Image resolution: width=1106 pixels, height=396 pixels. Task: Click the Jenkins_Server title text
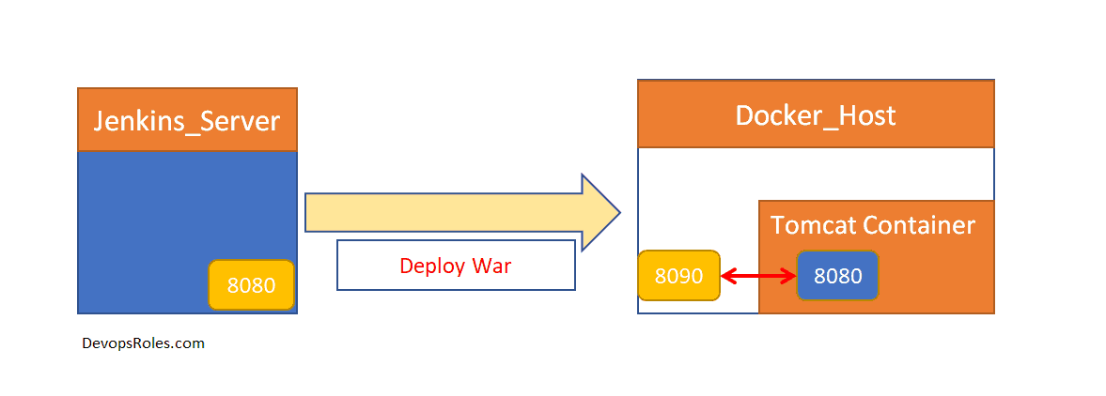pyautogui.click(x=186, y=121)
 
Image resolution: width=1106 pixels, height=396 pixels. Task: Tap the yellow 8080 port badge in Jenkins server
pyautogui.click(x=251, y=285)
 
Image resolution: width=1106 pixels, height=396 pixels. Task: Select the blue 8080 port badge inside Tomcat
pyautogui.click(x=837, y=276)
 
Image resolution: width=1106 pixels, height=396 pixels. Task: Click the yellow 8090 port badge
pyautogui.click(x=678, y=276)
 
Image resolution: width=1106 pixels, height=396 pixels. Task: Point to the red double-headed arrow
pyautogui.click(x=758, y=276)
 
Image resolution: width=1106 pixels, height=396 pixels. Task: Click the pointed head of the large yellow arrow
pyautogui.click(x=601, y=213)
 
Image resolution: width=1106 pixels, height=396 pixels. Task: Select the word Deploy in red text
pyautogui.click(x=432, y=266)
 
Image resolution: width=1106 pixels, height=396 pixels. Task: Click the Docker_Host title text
pyautogui.click(x=815, y=115)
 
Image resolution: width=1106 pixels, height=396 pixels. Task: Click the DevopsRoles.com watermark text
pyautogui.click(x=144, y=343)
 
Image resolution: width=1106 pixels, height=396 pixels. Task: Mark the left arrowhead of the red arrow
pyautogui.click(x=727, y=276)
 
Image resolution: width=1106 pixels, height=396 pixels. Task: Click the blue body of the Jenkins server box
pyautogui.click(x=169, y=216)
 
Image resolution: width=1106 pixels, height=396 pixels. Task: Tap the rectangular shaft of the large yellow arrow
pyautogui.click(x=442, y=213)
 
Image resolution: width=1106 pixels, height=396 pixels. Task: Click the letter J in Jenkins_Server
pyautogui.click(x=100, y=121)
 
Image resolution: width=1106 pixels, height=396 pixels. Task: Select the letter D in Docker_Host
pyautogui.click(x=743, y=115)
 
